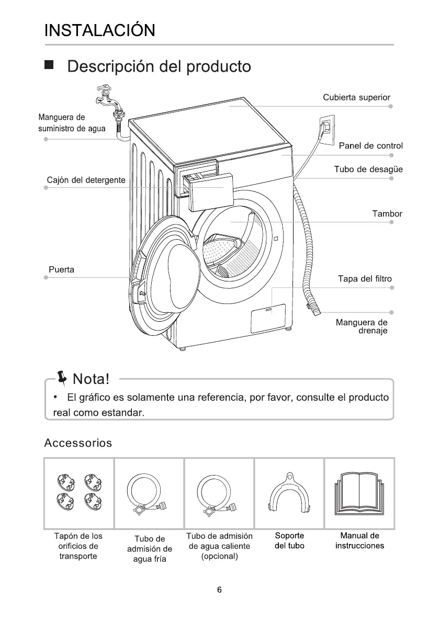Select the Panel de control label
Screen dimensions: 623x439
[370, 145]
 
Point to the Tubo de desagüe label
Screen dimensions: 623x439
[368, 169]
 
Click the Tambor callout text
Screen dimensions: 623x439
[387, 213]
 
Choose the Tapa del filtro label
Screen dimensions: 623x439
[365, 279]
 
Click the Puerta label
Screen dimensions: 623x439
[61, 270]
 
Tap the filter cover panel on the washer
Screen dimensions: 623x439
[268, 319]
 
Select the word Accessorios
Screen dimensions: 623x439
[78, 443]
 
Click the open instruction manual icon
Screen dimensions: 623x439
[359, 493]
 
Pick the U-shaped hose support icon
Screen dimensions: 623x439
[289, 493]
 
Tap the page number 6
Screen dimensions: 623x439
[219, 590]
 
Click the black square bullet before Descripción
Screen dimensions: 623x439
[49, 66]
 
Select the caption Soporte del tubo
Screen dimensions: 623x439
[289, 541]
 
